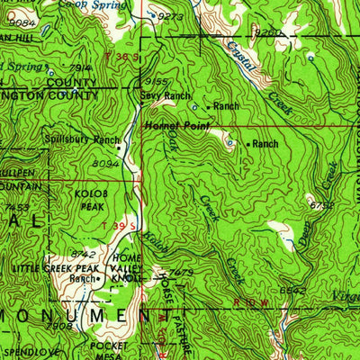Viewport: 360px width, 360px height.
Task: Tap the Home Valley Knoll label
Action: click(125, 268)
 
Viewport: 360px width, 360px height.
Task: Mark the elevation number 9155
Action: click(154, 81)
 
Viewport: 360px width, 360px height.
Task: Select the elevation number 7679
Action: click(181, 272)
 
